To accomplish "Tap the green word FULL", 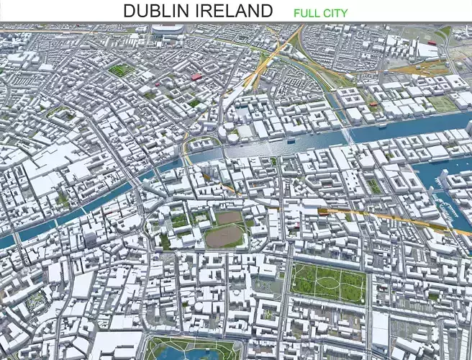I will click(306, 13).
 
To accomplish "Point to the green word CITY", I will click(335, 13).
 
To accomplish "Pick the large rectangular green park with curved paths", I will click(328, 282).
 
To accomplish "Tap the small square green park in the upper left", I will click(121, 71).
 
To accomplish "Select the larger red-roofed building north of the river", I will click(196, 76).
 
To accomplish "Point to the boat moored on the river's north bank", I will click(290, 141).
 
